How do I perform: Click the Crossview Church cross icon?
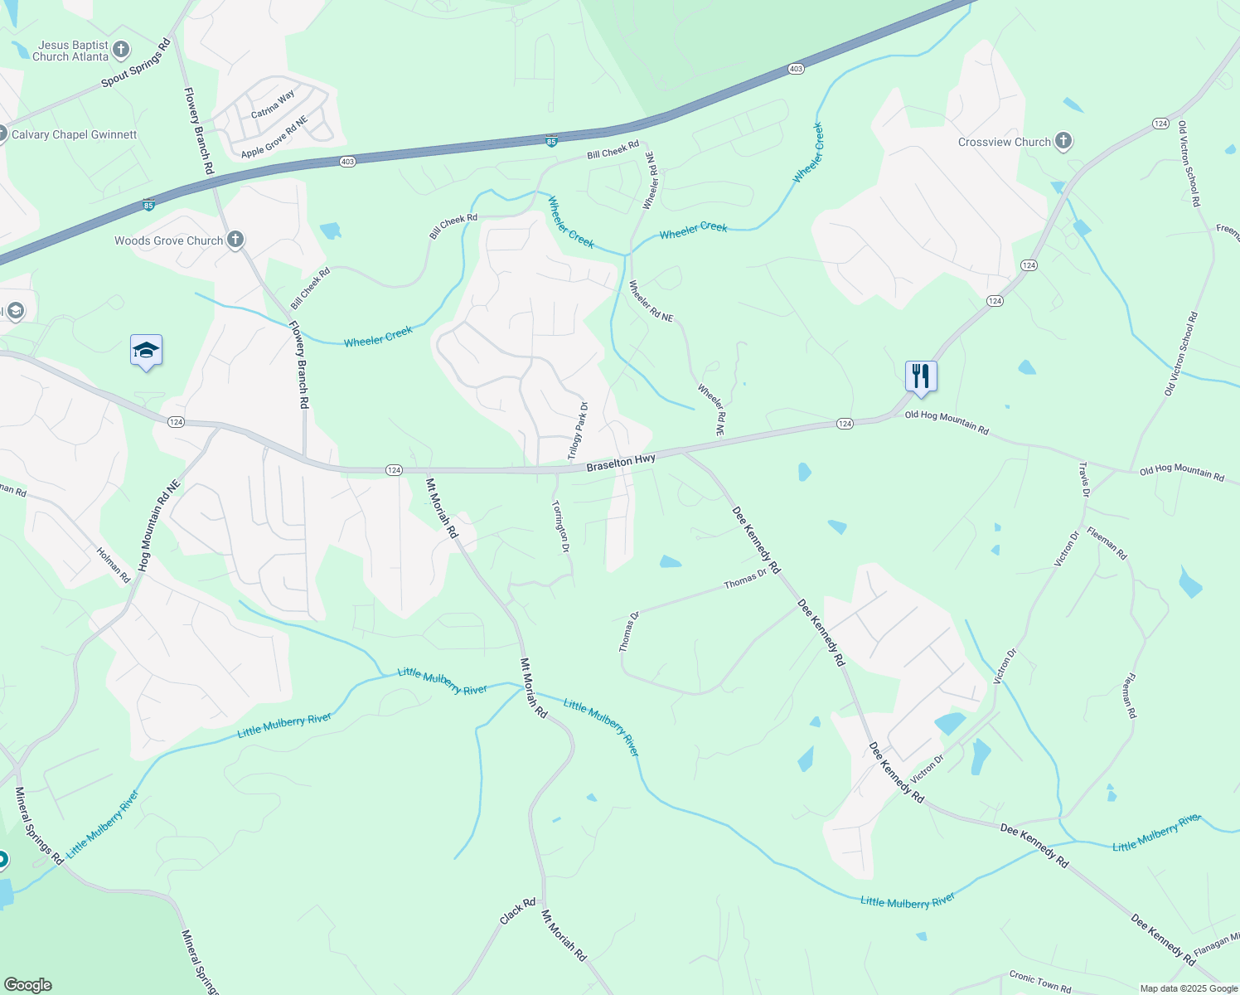[1063, 142]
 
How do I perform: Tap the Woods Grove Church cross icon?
[235, 240]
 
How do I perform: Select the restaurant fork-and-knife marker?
[921, 376]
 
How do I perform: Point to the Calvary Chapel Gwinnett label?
[74, 134]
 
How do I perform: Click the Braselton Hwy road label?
[621, 463]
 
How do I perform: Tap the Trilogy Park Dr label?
[578, 430]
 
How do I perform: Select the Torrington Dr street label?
[561, 526]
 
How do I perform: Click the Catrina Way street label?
[273, 104]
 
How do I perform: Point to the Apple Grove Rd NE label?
[274, 138]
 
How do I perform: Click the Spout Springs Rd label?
[136, 63]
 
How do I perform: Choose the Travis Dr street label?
[1083, 480]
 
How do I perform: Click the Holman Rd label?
[114, 564]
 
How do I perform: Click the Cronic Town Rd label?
[1039, 982]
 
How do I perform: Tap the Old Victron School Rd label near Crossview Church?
[1189, 163]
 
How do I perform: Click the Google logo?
[27, 985]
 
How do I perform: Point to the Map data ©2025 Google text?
[1189, 988]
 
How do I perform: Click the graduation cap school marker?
[146, 352]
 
